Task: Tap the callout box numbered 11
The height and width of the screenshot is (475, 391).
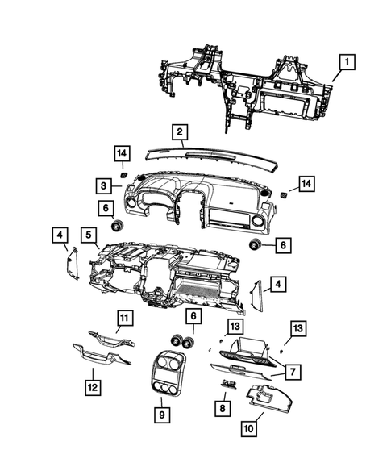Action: coord(125,317)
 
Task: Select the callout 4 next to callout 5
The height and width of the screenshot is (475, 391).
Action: coord(61,235)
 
